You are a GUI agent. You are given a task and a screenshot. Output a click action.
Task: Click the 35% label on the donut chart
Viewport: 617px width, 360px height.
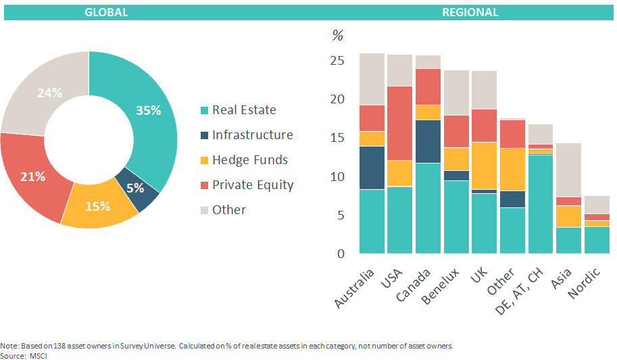pos(149,110)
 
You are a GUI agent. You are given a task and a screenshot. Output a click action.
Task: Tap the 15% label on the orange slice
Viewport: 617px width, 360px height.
pos(97,206)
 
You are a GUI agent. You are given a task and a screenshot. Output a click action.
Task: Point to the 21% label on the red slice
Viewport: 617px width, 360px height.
pos(32,177)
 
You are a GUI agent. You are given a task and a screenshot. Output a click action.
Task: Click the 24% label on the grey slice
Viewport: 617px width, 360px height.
pos(49,93)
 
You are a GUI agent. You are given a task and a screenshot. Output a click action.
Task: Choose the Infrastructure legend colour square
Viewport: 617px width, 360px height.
pos(204,135)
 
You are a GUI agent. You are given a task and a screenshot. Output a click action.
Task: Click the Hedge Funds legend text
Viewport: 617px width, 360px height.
pos(250,160)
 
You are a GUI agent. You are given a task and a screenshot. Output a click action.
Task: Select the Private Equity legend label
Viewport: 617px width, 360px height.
pos(253,185)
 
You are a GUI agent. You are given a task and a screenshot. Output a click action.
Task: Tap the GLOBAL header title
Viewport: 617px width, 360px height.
pos(106,12)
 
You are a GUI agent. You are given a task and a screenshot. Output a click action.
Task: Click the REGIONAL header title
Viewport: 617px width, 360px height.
pos(470,12)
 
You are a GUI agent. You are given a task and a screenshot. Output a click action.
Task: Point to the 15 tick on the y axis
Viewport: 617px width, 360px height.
pos(337,138)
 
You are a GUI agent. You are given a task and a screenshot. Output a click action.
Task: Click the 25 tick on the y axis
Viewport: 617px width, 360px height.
pos(337,61)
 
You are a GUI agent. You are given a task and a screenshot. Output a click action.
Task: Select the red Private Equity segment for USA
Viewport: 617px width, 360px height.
pos(400,123)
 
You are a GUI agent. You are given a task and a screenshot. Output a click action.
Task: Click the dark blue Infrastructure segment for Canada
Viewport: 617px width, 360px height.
pos(428,142)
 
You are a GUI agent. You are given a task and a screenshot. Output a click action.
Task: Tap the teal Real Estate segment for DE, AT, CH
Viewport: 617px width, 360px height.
pos(541,204)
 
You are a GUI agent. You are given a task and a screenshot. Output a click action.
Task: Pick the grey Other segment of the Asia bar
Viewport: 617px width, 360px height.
pos(568,170)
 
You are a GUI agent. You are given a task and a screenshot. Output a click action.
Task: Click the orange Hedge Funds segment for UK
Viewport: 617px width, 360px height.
pos(485,165)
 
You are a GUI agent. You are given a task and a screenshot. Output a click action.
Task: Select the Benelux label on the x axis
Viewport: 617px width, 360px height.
pos(440,286)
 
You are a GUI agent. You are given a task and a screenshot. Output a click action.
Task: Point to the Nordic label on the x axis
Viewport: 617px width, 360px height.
pos(585,282)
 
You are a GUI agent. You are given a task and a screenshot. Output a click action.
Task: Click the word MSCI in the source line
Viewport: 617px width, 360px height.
pos(38,356)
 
